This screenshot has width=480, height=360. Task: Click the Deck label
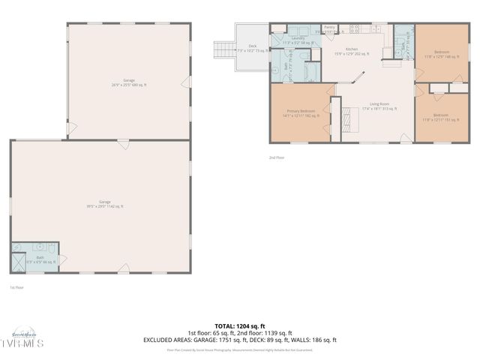(253, 48)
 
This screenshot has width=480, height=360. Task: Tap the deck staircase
(223, 50)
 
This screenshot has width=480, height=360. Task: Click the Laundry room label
(298, 40)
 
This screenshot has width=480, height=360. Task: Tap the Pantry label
(330, 29)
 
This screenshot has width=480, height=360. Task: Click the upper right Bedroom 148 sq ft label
(442, 54)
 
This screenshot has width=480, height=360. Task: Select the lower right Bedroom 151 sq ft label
(442, 116)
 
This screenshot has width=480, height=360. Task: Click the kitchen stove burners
(353, 30)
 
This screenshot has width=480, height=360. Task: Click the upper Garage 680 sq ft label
(129, 82)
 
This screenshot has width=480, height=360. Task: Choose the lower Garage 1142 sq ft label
(105, 203)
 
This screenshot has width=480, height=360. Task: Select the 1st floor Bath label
(40, 259)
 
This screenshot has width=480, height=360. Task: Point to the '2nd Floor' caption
(277, 157)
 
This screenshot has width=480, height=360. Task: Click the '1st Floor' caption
(16, 287)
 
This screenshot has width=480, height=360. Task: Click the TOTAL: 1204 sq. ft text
(240, 327)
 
